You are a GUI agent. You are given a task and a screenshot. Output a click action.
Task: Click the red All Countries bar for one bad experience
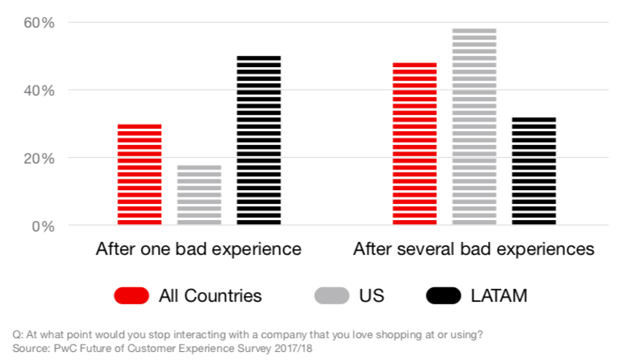pos(139,175)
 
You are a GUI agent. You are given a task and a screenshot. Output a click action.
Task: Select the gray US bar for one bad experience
pos(199,195)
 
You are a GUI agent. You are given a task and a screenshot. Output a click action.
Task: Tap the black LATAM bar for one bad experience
pos(259,141)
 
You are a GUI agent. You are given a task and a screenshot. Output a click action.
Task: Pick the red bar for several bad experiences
pos(414,144)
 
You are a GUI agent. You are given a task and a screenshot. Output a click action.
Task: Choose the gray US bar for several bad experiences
pos(474,127)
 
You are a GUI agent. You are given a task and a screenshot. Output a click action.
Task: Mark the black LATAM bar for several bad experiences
pos(534,172)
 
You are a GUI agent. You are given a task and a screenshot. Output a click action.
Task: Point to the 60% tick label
pos(39,23)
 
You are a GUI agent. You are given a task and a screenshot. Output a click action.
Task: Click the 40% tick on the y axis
pos(39,91)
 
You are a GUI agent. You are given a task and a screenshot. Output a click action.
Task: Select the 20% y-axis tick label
pos(39,159)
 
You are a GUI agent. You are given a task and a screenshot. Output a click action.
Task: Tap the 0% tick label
pos(43,226)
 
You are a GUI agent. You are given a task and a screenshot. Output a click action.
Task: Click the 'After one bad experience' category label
pos(198,249)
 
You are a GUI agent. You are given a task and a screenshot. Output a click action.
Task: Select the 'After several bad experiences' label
pos(474,249)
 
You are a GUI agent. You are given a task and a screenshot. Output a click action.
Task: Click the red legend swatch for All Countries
pos(132,295)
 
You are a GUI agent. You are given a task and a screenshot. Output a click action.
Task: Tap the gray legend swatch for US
pos(332,295)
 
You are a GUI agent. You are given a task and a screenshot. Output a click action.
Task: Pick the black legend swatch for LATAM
pos(444,295)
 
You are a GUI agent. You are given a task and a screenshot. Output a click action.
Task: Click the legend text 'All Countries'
pos(210,295)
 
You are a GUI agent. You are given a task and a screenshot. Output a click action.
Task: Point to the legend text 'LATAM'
pos(499,295)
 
